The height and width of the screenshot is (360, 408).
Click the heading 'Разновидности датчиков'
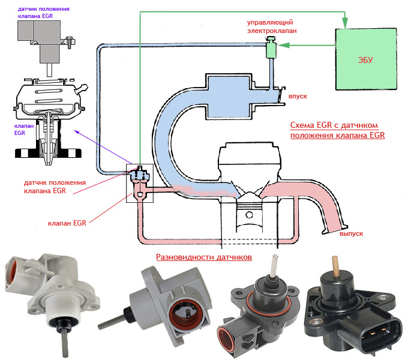click(x=204, y=257)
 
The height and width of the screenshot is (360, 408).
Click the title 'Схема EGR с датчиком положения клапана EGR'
click(x=337, y=130)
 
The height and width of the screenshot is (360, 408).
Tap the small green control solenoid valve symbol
click(x=271, y=47)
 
